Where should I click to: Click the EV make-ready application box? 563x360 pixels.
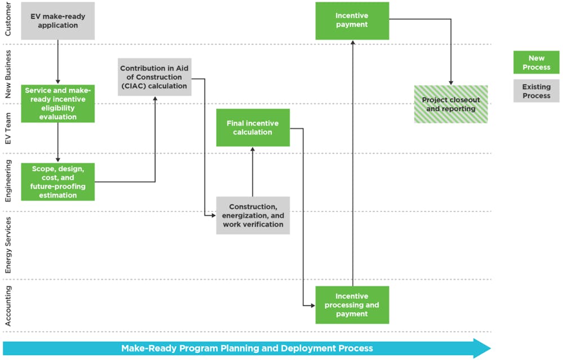[x=58, y=21]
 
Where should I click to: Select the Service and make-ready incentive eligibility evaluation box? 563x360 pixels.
[x=58, y=104]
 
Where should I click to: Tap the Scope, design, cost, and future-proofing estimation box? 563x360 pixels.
[x=58, y=182]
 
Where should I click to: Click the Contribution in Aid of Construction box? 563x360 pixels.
[x=154, y=77]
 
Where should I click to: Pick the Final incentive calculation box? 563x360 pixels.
[x=253, y=127]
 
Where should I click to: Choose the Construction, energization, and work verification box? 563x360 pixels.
[x=253, y=216]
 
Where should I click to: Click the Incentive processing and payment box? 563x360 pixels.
[x=352, y=305]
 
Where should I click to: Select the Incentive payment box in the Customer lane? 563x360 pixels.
[x=352, y=21]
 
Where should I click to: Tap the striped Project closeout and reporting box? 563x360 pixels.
[x=451, y=104]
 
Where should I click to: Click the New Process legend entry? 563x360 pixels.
[x=537, y=63]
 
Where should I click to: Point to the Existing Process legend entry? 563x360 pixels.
[x=537, y=91]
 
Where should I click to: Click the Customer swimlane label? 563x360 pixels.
[x=8, y=19]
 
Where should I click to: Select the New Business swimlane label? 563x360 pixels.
[x=8, y=74]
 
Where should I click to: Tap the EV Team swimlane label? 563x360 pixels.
[x=8, y=128]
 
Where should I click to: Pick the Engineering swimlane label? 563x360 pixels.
[x=8, y=181]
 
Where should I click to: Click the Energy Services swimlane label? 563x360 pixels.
[x=8, y=245]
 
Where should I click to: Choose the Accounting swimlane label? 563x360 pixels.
[x=8, y=306]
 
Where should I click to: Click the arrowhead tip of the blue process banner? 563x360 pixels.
[x=490, y=348]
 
